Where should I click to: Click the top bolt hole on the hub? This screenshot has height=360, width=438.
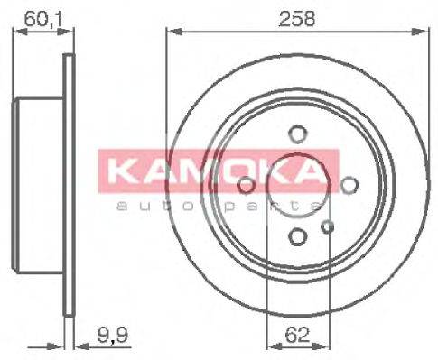[x=297, y=134]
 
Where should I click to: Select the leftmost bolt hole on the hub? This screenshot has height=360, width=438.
[x=245, y=185]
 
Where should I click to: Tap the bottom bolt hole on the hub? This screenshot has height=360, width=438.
[x=297, y=236]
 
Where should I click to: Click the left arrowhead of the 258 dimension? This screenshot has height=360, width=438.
[x=172, y=32]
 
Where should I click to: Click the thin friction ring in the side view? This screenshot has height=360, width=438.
[x=68, y=185]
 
